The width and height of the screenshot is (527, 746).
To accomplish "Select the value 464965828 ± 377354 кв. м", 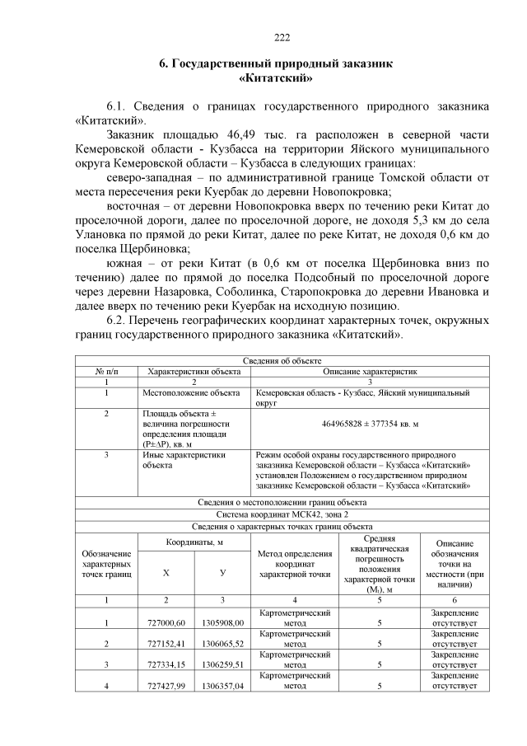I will pos(370,423).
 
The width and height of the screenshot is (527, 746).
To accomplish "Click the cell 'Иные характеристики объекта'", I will pos(182,460).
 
